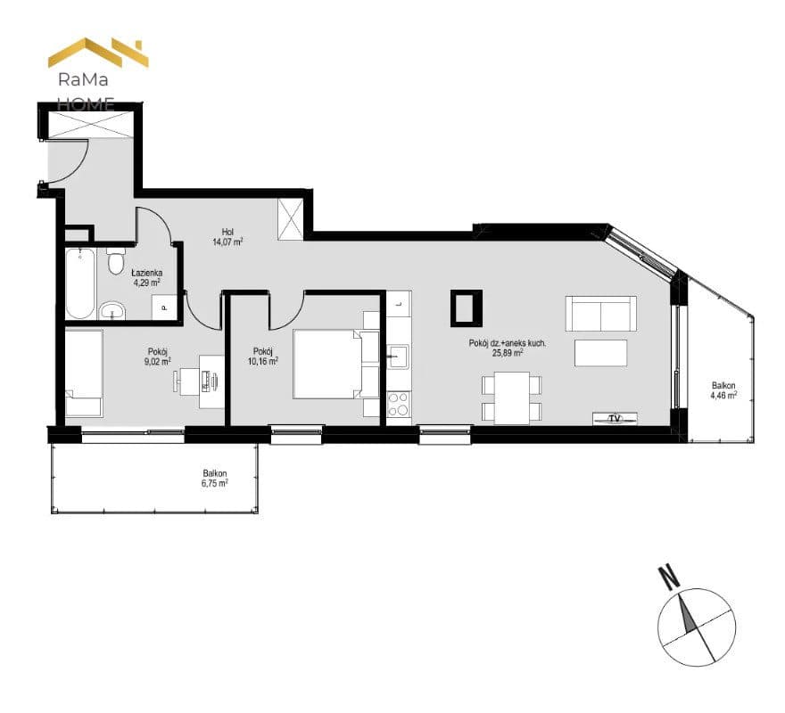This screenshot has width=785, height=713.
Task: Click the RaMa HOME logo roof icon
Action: tap(98, 52)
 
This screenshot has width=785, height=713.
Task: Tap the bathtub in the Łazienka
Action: tap(80, 283)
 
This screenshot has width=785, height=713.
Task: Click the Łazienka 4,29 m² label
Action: tap(146, 278)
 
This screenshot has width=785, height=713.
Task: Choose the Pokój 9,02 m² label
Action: tap(158, 356)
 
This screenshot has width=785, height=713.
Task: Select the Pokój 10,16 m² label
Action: tap(263, 356)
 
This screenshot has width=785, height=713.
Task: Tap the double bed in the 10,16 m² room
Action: tap(336, 364)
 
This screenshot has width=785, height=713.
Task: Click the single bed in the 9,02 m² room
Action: tap(84, 373)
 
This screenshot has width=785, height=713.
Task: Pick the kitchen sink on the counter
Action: tap(399, 356)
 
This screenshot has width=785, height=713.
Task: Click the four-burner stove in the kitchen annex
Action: tap(399, 405)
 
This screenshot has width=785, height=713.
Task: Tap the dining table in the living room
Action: tap(512, 397)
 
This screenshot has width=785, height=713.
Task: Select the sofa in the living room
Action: tap(600, 314)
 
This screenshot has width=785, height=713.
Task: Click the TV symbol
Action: tap(615, 418)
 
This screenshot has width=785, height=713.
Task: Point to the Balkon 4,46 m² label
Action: tap(723, 390)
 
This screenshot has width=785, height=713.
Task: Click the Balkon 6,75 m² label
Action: tap(215, 479)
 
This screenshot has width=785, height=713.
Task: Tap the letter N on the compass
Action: tap(669, 576)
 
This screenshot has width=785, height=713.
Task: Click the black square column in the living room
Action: tap(467, 308)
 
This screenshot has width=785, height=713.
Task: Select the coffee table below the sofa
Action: tap(600, 353)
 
